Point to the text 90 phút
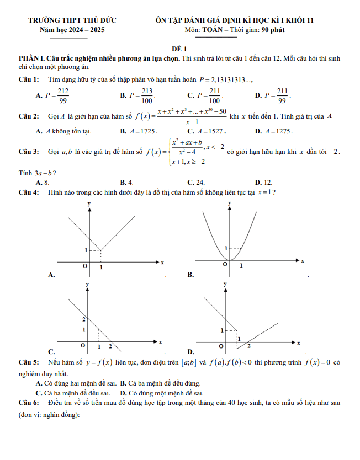tap(273, 30)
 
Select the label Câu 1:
tap(28, 80)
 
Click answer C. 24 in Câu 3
tap(197, 181)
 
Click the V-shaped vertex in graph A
tap(100, 250)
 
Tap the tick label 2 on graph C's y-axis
tap(84, 319)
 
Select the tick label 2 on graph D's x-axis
tap(248, 346)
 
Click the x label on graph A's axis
tap(162, 263)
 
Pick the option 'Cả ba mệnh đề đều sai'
tap(76, 393)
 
